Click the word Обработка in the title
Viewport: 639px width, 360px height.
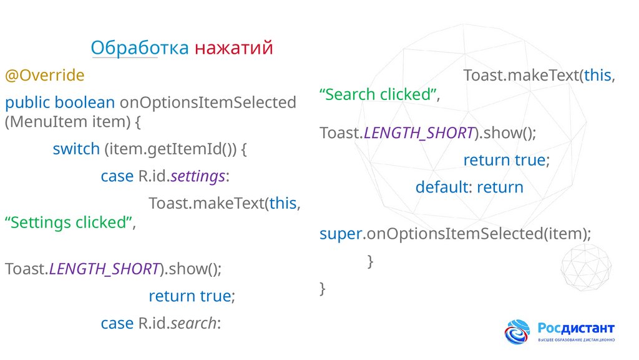139,48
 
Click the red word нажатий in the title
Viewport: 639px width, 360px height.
233,48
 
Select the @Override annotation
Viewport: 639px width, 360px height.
44,76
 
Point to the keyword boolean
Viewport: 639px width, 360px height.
84,102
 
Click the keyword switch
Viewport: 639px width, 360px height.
76,149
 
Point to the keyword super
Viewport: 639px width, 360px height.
341,234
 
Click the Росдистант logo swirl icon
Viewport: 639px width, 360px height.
517,331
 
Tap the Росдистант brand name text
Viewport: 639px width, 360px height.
576,327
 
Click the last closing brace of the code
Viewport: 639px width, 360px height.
322,288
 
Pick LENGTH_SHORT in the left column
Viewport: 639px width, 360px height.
103,269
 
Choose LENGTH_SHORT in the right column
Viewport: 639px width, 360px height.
418,133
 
